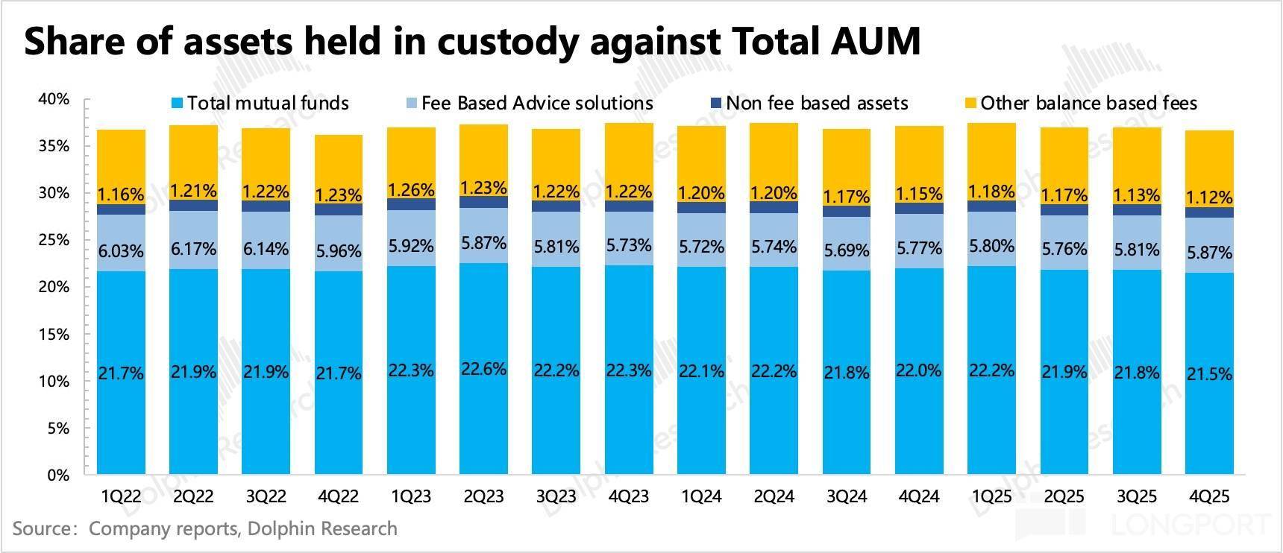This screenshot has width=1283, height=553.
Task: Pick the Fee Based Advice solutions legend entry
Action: (x=536, y=103)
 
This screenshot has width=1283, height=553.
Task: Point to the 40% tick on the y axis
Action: (x=54, y=99)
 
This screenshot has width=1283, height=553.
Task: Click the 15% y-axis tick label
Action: (x=54, y=335)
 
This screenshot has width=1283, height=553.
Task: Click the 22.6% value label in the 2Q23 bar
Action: (x=484, y=369)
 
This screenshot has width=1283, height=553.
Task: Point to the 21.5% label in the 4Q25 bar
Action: (x=1209, y=373)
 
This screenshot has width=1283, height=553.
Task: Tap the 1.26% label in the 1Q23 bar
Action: (x=411, y=189)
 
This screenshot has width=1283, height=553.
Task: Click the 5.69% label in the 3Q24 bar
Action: (x=847, y=251)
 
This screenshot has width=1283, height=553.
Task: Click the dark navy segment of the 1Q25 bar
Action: (x=991, y=206)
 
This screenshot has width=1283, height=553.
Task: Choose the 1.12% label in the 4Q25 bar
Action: (x=1209, y=197)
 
